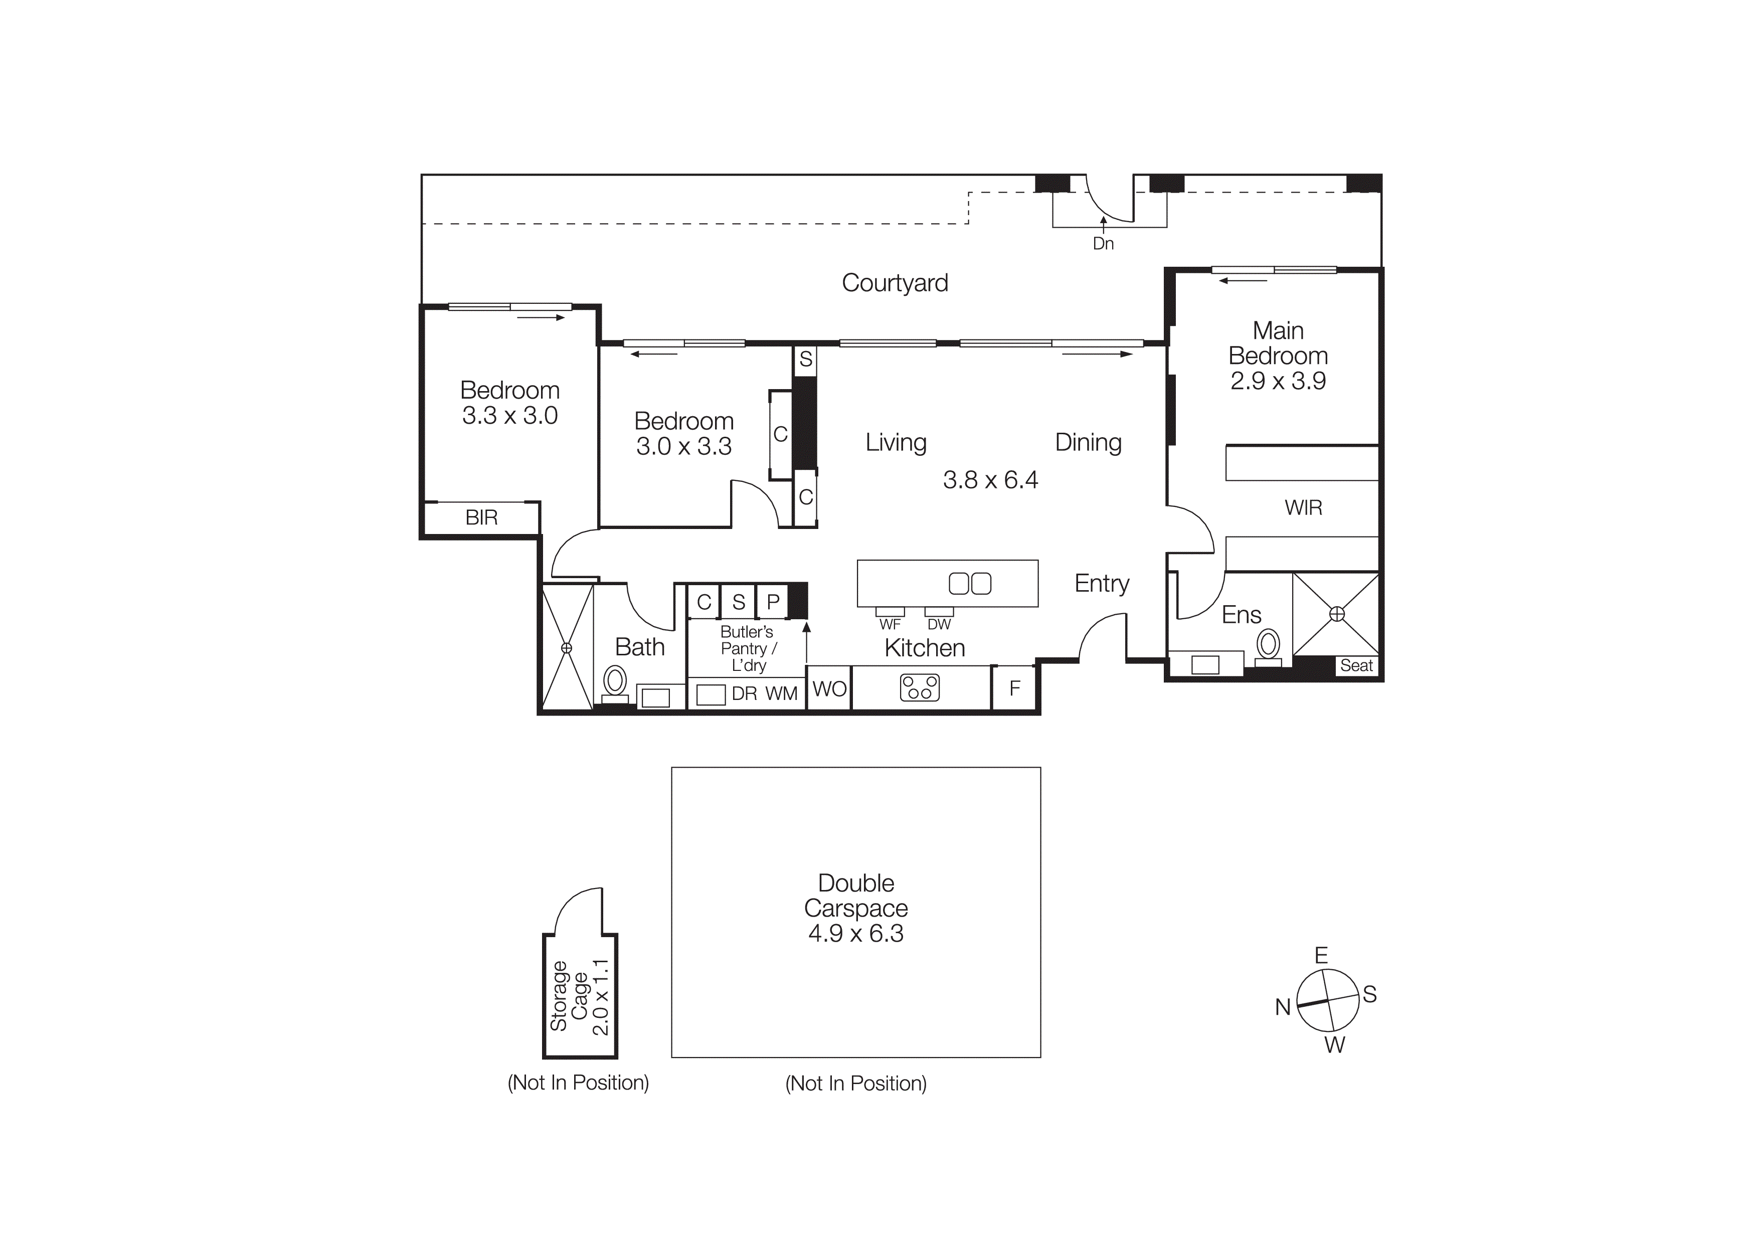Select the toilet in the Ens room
click(x=1268, y=646)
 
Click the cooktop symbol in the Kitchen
click(x=919, y=687)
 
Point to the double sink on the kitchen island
click(x=970, y=584)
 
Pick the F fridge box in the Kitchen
click(x=1014, y=688)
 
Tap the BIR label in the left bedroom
click(x=481, y=518)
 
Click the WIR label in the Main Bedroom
click(x=1303, y=507)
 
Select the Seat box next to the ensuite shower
click(x=1356, y=665)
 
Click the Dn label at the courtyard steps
click(x=1103, y=244)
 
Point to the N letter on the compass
click(x=1283, y=1007)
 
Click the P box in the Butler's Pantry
click(x=773, y=602)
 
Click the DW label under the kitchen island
click(x=939, y=624)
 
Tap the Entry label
click(x=1102, y=584)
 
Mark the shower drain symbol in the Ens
click(x=1337, y=613)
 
